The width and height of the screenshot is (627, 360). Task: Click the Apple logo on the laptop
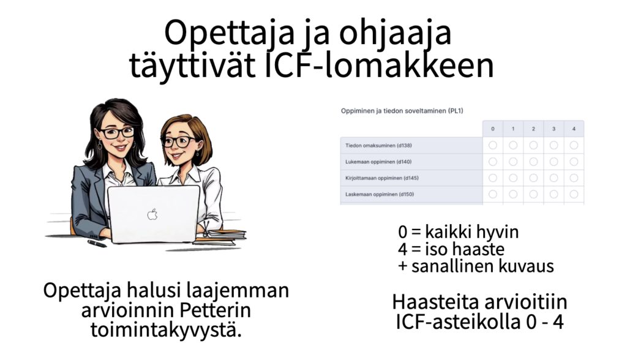click(x=152, y=214)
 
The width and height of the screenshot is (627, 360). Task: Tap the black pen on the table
click(x=97, y=243)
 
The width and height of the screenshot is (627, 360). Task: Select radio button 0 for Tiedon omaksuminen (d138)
click(x=493, y=145)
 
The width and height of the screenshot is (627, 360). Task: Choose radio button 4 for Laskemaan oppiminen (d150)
click(x=574, y=194)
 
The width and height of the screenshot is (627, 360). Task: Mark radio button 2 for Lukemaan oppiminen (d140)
click(x=533, y=162)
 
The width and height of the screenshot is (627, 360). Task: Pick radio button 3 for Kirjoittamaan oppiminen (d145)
click(x=554, y=178)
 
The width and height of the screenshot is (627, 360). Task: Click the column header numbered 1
click(x=513, y=129)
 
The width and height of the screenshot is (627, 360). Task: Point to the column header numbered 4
click(x=574, y=129)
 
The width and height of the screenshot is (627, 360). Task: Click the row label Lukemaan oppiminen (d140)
click(x=378, y=162)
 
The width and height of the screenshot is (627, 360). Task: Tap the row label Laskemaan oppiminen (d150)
click(x=380, y=194)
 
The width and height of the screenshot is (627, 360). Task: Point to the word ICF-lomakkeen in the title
click(x=380, y=65)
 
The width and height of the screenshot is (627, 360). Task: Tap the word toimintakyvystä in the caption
click(x=166, y=330)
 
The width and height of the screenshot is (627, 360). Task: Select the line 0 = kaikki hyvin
click(x=458, y=231)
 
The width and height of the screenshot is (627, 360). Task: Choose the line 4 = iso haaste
click(x=451, y=249)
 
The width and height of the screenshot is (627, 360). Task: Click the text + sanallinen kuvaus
click(x=476, y=266)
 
